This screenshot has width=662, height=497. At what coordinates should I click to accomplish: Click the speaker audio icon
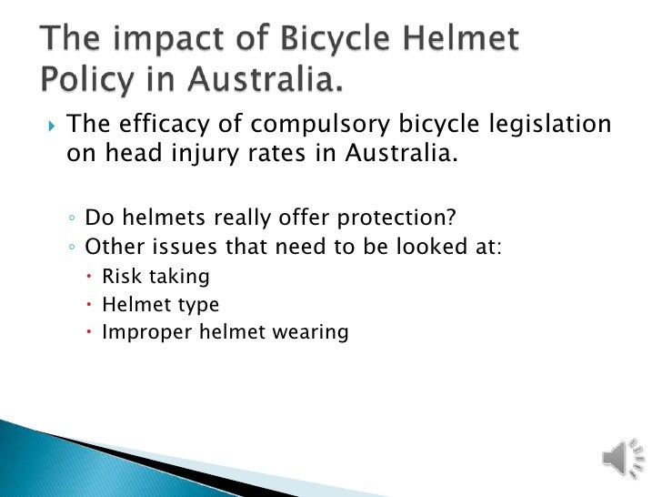pos(618,456)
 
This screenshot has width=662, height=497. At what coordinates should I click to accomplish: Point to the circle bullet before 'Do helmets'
pos(72,218)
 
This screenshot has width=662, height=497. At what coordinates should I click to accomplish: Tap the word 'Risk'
pos(118,276)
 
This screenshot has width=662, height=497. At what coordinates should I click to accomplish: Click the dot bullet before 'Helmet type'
pos(91,305)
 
